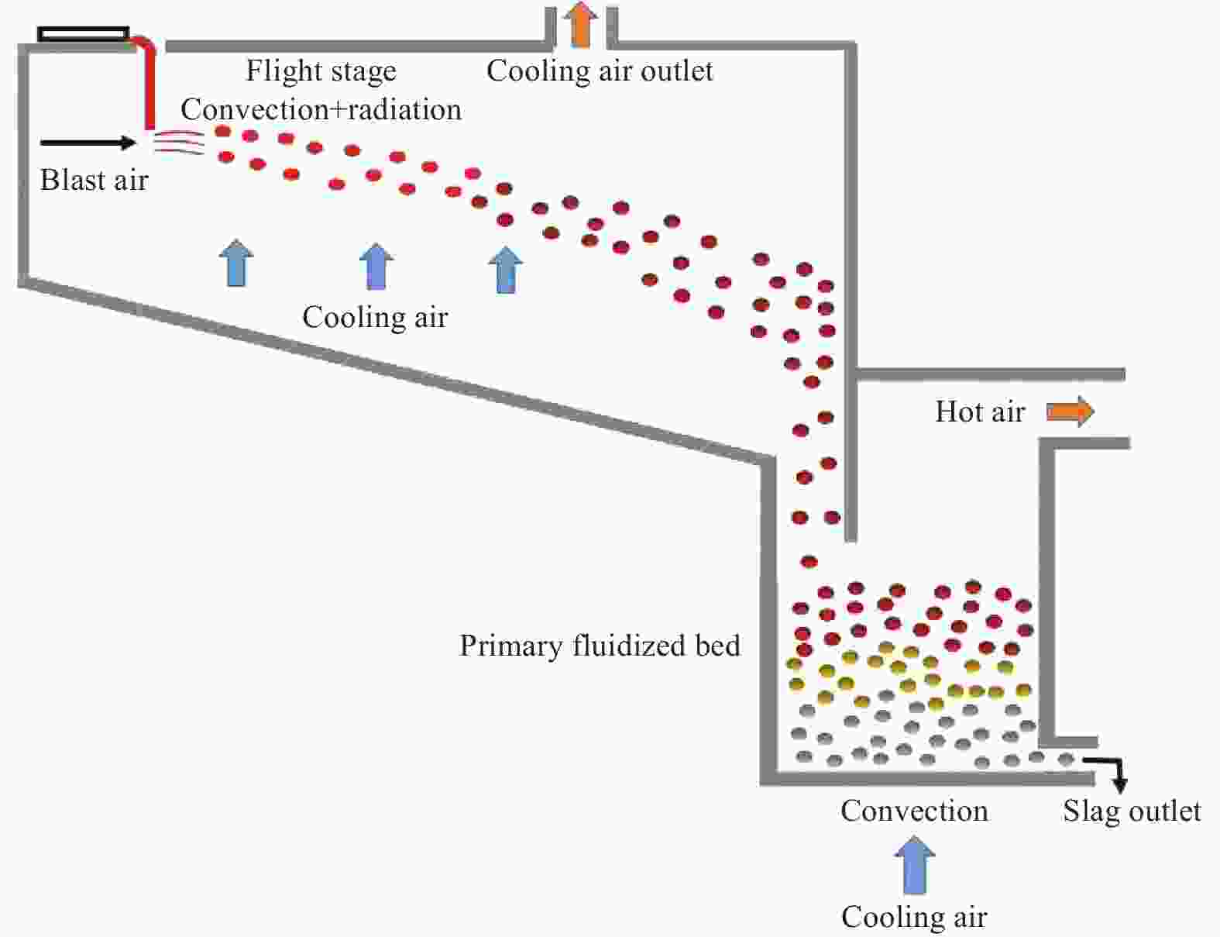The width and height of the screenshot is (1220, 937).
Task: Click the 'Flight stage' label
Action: pyautogui.click(x=321, y=71)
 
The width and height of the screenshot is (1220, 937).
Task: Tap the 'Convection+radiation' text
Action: pyautogui.click(x=321, y=109)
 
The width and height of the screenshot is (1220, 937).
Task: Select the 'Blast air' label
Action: pyautogui.click(x=94, y=180)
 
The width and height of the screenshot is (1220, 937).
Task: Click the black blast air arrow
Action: pyautogui.click(x=88, y=143)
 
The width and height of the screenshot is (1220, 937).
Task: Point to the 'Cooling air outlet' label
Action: pyautogui.click(x=600, y=71)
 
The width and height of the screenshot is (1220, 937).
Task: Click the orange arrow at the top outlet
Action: pyautogui.click(x=581, y=25)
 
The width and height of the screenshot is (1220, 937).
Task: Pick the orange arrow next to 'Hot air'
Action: pyautogui.click(x=1071, y=412)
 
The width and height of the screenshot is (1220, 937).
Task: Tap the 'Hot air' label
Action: pyautogui.click(x=980, y=412)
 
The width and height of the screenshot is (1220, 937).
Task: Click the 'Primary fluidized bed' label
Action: pyautogui.click(x=600, y=646)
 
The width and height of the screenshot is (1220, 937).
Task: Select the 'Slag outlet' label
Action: pyautogui.click(x=1131, y=811)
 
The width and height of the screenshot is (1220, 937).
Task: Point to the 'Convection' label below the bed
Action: pyautogui.click(x=914, y=811)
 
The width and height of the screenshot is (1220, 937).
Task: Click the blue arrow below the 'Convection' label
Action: pyautogui.click(x=915, y=864)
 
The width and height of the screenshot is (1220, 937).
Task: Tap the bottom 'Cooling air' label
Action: pyautogui.click(x=914, y=917)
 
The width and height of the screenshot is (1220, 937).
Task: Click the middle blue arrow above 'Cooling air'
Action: pyautogui.click(x=376, y=266)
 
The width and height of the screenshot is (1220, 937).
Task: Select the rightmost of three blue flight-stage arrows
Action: pyautogui.click(x=506, y=269)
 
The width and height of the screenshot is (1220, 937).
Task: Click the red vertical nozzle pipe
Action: pyautogui.click(x=149, y=85)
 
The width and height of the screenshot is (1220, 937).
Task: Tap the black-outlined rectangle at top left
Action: pyautogui.click(x=84, y=34)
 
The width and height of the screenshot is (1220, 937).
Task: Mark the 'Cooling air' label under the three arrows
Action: pyautogui.click(x=375, y=317)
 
